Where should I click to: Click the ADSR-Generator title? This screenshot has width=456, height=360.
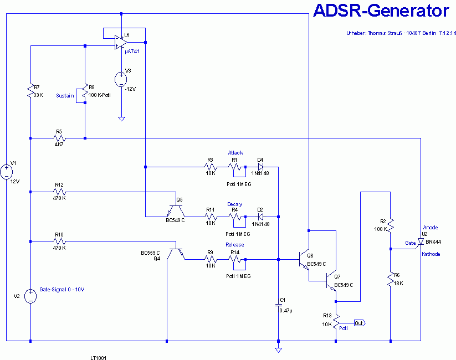(x=381, y=11)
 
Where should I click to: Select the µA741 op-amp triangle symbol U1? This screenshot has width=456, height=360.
(x=121, y=43)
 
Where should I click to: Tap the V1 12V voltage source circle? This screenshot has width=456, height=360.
(x=7, y=172)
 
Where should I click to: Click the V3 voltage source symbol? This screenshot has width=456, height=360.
(x=121, y=79)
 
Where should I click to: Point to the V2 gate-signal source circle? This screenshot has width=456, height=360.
(x=30, y=296)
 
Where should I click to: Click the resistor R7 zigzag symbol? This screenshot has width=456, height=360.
(x=30, y=91)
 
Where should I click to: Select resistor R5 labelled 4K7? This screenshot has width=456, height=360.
(x=59, y=138)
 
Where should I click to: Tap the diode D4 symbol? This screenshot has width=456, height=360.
(x=260, y=167)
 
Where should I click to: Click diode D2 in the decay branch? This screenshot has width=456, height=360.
(x=260, y=217)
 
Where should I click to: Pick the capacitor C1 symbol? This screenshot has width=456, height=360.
(x=278, y=305)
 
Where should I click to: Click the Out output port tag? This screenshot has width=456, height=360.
(x=360, y=323)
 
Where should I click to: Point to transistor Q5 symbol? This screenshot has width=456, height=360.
(x=176, y=211)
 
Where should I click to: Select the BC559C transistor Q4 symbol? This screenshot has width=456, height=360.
(x=176, y=254)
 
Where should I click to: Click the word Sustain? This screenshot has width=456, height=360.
(x=65, y=96)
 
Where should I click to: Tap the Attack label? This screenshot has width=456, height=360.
(x=235, y=153)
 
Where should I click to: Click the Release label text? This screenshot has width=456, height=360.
(x=235, y=245)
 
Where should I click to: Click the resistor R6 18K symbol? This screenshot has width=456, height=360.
(x=391, y=279)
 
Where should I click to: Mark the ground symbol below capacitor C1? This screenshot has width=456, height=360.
(x=278, y=350)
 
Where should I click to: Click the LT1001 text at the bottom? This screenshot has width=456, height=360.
(x=98, y=358)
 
